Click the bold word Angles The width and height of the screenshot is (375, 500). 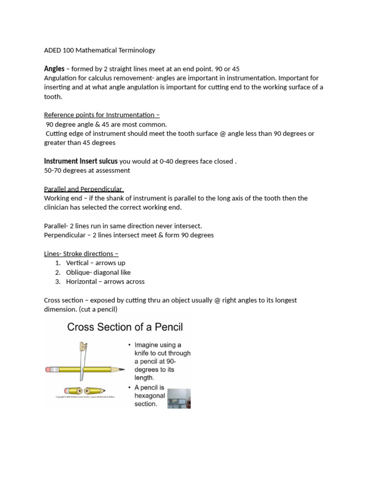click(54, 69)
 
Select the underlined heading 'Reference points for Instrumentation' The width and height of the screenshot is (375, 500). click(102, 115)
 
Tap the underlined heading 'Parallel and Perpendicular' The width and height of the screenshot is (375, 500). click(83, 189)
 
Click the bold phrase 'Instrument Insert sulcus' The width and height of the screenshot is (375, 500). click(81, 161)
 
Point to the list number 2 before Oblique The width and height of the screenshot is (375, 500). click(58, 272)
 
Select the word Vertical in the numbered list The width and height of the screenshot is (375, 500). click(77, 263)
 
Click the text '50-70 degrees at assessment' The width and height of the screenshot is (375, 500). click(87, 170)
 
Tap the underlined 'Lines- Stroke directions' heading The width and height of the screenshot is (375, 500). click(81, 254)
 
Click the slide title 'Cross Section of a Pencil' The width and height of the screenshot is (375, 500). click(125, 327)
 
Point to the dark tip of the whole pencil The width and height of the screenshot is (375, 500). click(122, 370)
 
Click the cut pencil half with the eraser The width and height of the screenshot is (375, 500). click(73, 391)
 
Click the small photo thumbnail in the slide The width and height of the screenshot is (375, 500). click(179, 398)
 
